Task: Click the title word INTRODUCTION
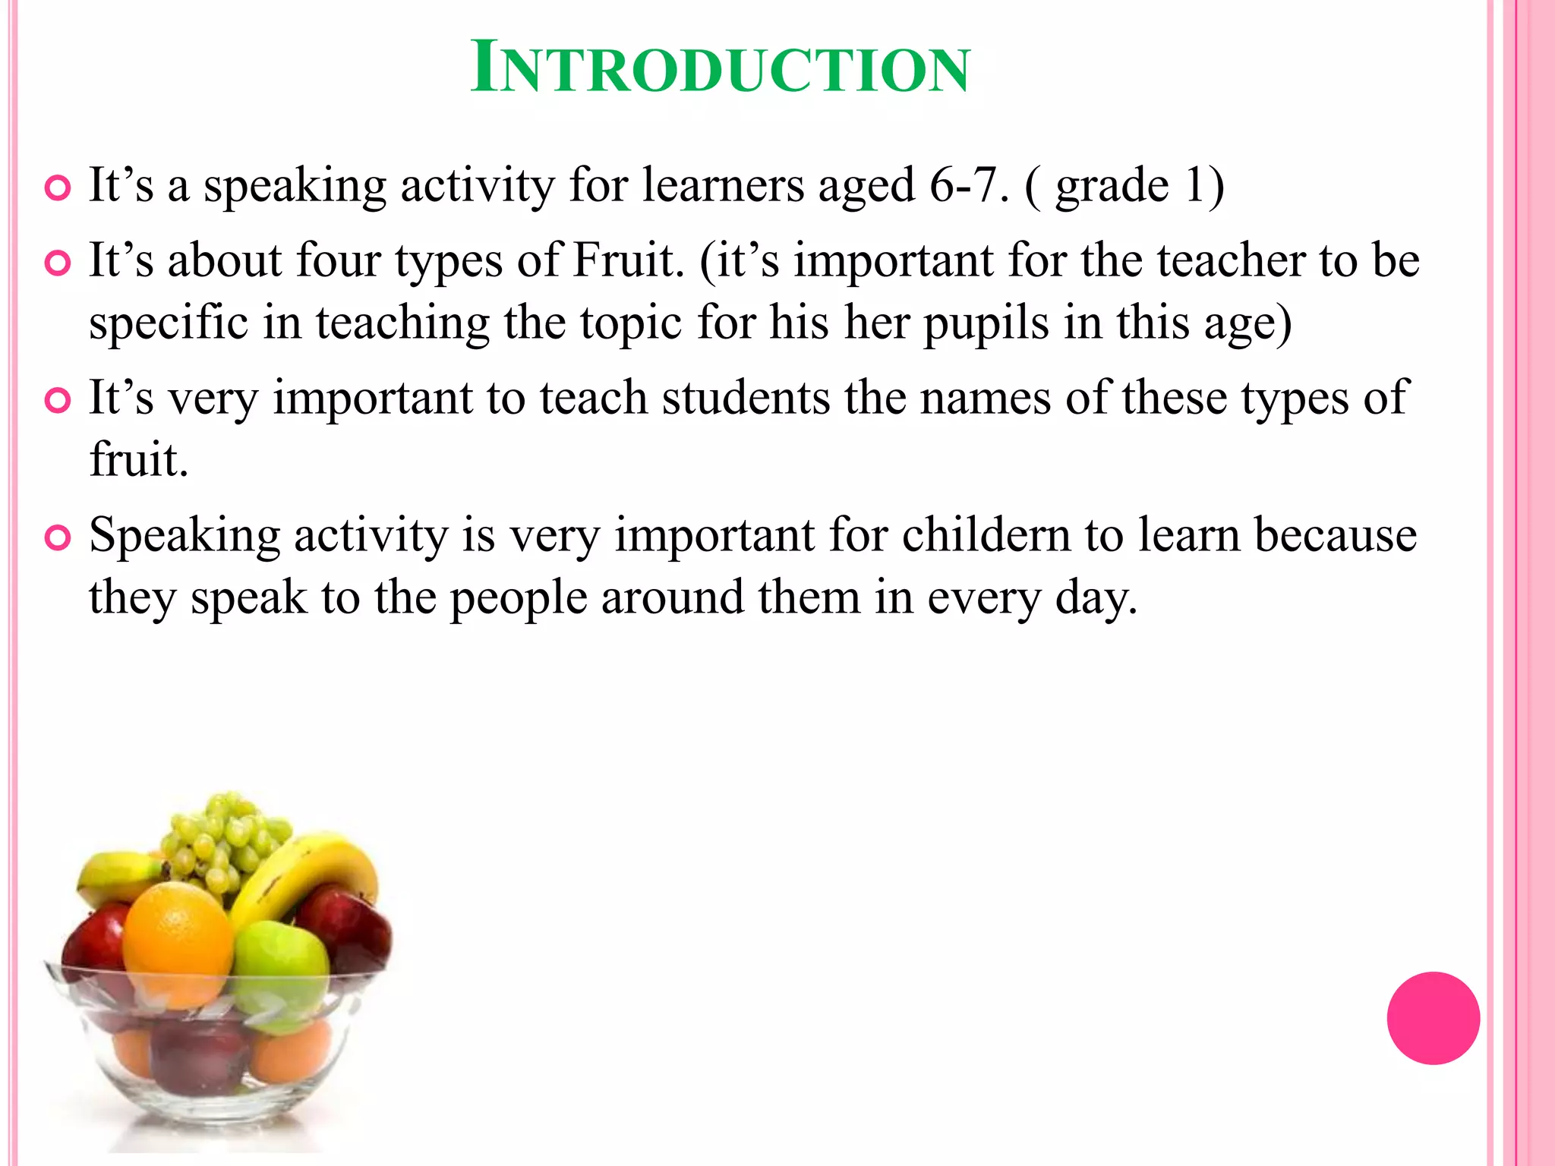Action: coord(720,69)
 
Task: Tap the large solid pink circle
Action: coord(1433,1018)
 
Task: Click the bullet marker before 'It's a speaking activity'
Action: coord(58,188)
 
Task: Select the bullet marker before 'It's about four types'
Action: coord(58,263)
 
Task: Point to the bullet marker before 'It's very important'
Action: coord(58,400)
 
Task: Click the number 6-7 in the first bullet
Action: coord(962,185)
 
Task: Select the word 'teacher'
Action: coord(1231,260)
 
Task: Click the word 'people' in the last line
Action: coord(519,598)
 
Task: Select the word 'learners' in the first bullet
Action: coord(723,185)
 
